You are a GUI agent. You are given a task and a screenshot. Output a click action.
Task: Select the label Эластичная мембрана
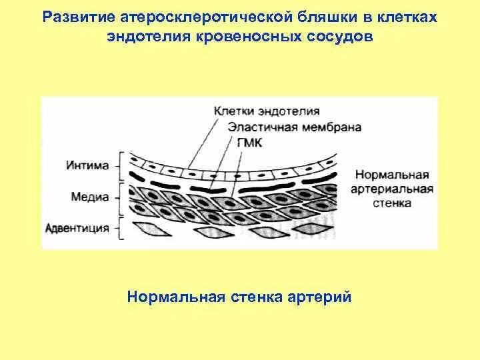coord(295,127)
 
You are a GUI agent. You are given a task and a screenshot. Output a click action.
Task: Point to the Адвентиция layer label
coord(77,228)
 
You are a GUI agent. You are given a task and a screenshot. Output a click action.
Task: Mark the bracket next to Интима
coord(121,165)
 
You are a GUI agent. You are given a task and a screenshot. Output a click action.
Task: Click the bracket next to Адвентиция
coord(121,228)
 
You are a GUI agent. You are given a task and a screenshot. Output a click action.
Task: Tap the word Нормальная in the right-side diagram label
coord(391,175)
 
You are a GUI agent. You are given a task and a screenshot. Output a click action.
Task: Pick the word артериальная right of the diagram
coord(393,188)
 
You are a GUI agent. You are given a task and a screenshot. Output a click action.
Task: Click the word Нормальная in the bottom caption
coord(173,296)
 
